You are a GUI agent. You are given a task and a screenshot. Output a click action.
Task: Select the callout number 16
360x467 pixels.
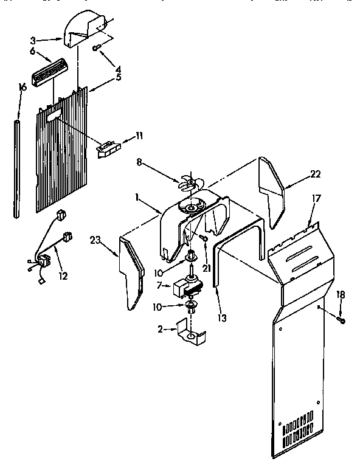click(22, 87)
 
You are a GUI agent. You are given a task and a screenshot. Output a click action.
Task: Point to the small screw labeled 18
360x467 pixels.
click(341, 320)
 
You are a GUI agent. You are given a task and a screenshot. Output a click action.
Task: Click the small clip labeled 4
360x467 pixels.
click(98, 49)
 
